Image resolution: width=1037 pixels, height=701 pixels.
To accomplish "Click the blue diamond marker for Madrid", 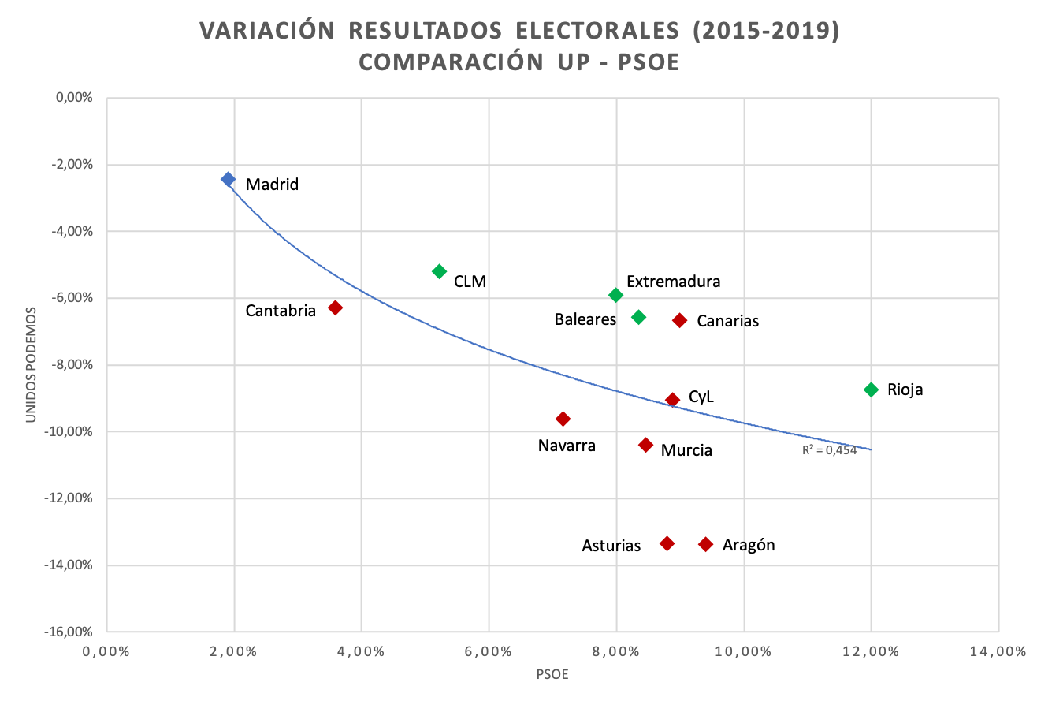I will point(228,179).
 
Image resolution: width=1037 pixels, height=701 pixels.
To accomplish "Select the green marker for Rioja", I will point(871,390).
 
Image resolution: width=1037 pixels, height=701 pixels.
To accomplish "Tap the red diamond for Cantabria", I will point(335,308).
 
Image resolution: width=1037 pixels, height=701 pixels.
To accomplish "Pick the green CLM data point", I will point(440,271).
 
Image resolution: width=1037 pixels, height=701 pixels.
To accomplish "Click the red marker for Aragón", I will point(705,544).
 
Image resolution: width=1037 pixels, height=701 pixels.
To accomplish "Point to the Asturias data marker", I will point(667,543).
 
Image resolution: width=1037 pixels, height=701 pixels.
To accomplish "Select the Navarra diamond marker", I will point(563,419).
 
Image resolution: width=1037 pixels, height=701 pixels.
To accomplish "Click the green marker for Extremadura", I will point(616,295).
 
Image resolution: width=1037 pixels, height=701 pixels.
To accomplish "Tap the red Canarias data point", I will point(680,320).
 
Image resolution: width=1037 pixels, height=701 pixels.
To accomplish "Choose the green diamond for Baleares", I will point(639,317).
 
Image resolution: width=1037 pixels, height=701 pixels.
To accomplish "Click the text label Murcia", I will point(686,450).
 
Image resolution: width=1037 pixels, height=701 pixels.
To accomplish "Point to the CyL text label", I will point(701,397).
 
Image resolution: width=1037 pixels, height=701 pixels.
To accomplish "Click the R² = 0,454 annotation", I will point(829,451).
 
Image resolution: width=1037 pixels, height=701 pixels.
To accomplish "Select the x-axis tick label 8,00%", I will point(616,652).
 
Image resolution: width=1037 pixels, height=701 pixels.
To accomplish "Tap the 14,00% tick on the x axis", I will point(998,652).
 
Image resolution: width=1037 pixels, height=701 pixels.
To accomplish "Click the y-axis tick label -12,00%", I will point(69,498).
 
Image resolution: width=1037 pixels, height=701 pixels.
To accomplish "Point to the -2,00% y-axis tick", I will point(72,165).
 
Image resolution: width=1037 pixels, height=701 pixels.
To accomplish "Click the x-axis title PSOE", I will point(552,676).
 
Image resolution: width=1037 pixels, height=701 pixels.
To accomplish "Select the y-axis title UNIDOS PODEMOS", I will point(31,364).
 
